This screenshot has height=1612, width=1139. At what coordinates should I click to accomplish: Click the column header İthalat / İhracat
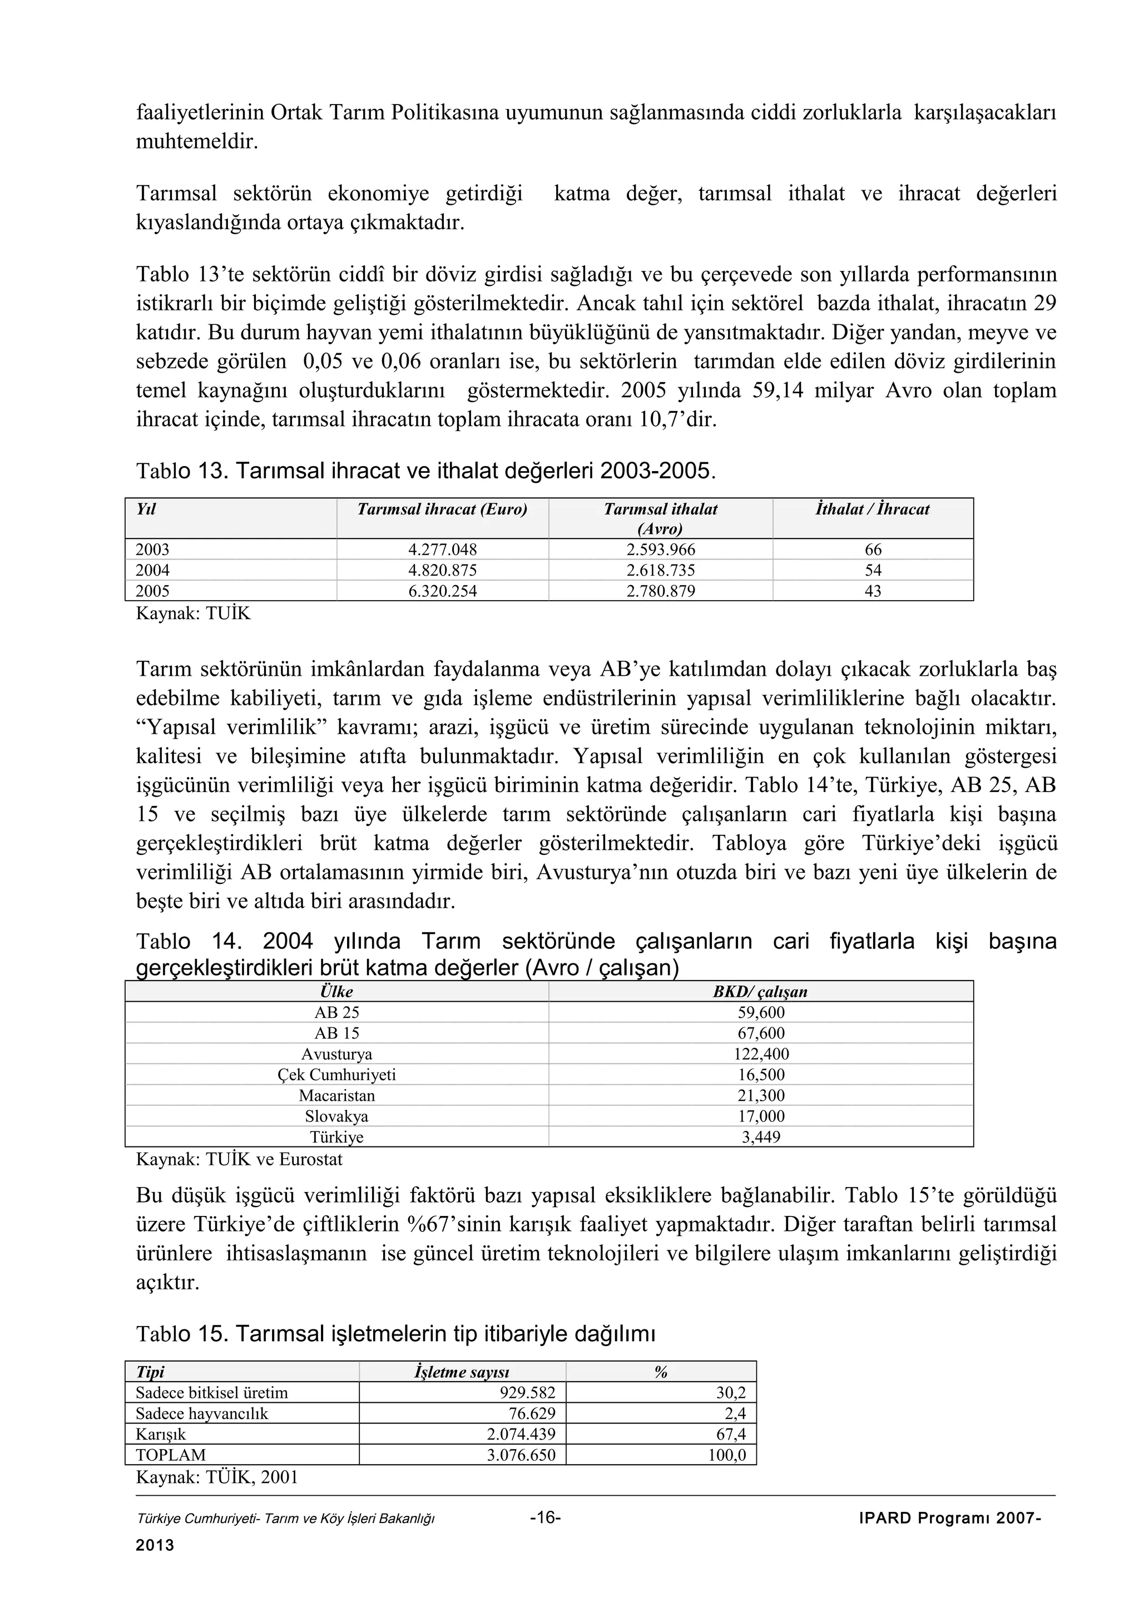(x=872, y=510)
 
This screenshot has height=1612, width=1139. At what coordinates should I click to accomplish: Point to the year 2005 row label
(x=153, y=591)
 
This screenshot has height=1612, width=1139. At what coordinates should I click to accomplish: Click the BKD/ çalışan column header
(x=760, y=991)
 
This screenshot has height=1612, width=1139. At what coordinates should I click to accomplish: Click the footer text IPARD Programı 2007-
(x=949, y=1518)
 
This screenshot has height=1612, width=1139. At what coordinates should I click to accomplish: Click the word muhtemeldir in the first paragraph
(x=196, y=142)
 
